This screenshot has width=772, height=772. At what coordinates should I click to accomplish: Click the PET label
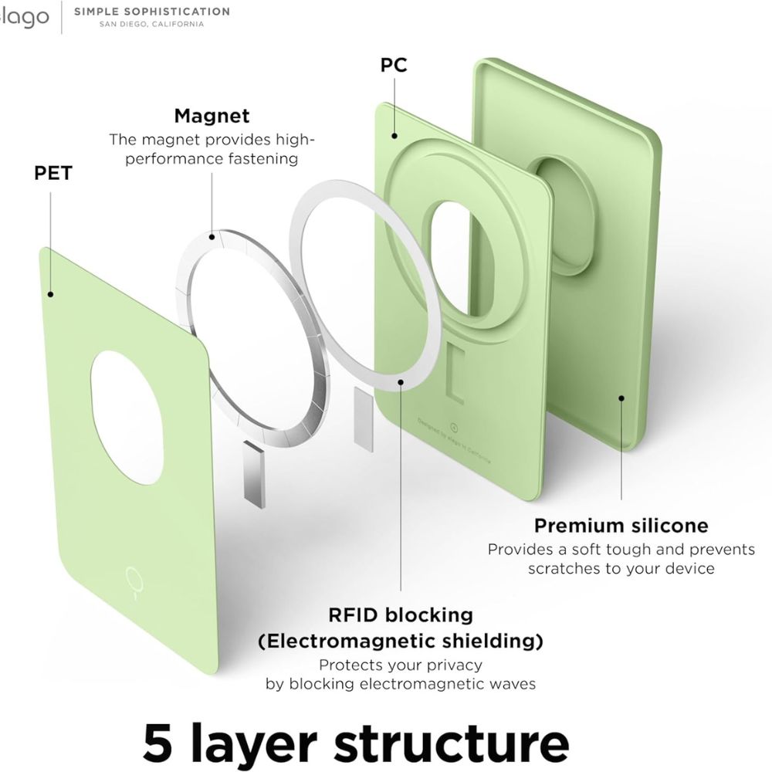point(52,172)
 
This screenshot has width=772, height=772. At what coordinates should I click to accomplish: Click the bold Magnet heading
point(212,116)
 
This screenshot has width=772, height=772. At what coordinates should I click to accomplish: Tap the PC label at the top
point(394,65)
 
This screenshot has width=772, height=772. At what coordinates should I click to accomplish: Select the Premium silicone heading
point(621,526)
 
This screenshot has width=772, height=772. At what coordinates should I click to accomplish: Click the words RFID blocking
point(400,615)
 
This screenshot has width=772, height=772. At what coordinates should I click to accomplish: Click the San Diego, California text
point(151,24)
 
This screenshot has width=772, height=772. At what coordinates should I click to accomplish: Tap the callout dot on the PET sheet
point(51,293)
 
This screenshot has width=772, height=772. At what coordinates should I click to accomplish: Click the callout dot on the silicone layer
point(621,399)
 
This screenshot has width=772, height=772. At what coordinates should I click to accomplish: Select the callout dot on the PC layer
point(394,136)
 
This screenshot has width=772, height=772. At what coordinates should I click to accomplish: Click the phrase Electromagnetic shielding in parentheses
point(400,641)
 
